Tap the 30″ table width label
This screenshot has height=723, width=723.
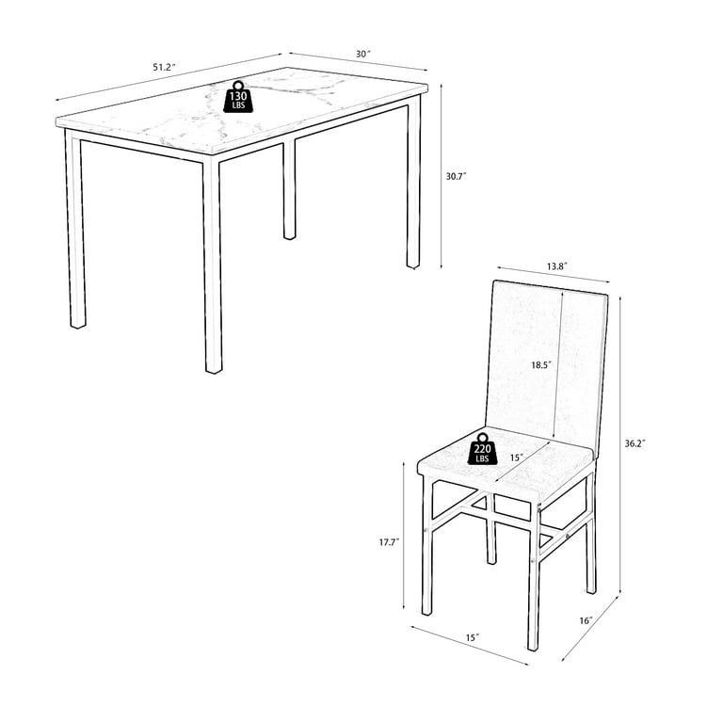point(361,55)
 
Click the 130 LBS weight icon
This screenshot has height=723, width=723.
point(238,97)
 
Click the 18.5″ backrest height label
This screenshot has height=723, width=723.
point(540,362)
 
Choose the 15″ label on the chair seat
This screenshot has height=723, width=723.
point(515,458)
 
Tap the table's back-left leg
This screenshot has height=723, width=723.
point(289,188)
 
